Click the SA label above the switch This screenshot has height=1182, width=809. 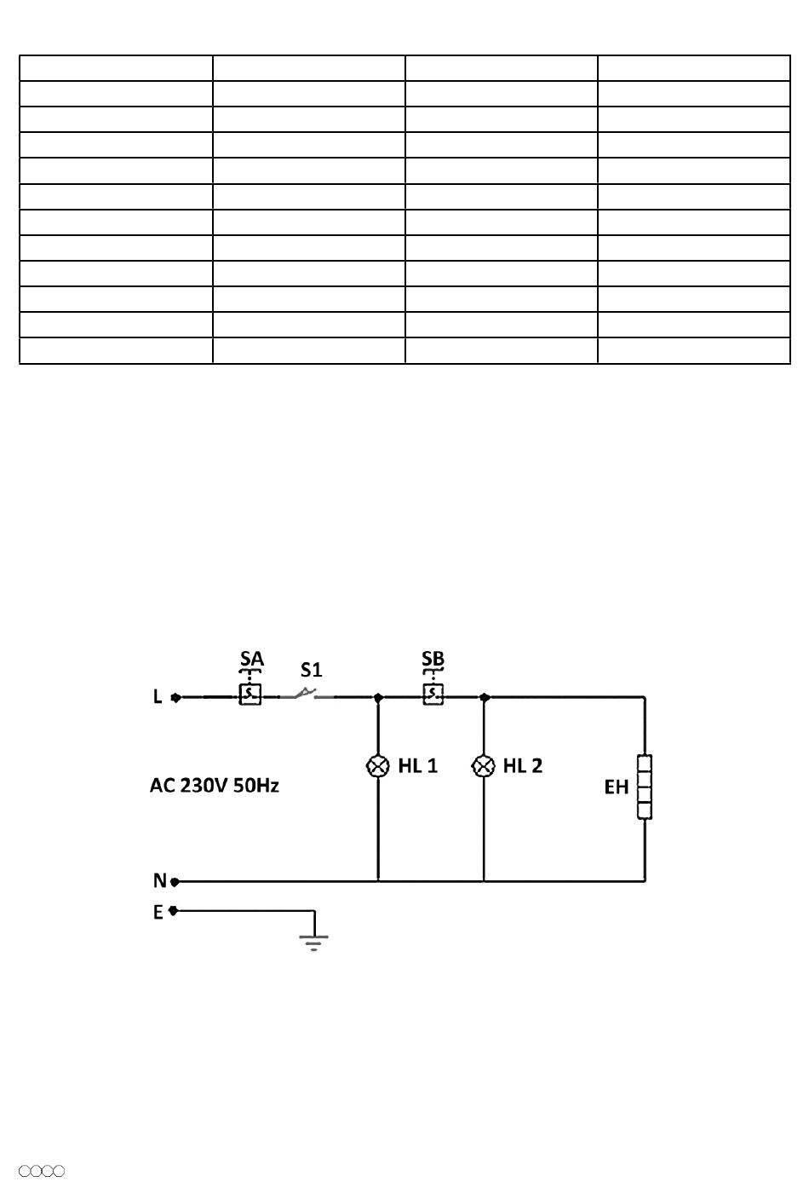[x=251, y=659]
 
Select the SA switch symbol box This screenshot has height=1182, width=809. [x=250, y=695]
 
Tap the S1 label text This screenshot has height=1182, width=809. [x=312, y=670]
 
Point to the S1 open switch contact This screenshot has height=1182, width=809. [x=306, y=694]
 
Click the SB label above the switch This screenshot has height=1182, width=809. [x=433, y=659]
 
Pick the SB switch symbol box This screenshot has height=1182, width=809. [x=433, y=695]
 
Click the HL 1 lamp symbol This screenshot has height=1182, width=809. [x=378, y=766]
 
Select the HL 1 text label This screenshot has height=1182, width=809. [x=418, y=766]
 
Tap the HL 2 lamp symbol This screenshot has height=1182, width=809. [x=484, y=766]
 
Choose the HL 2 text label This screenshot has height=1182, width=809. [x=523, y=766]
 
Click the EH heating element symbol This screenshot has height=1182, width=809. [x=645, y=787]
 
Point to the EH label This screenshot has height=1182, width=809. [x=617, y=787]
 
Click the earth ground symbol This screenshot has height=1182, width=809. [x=314, y=942]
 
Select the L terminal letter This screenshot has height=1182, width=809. [x=158, y=697]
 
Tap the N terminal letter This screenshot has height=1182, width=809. [x=159, y=881]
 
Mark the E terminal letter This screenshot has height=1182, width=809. [x=158, y=913]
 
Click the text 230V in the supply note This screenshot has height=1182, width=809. [x=203, y=786]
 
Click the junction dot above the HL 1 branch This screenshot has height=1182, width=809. [x=378, y=697]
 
